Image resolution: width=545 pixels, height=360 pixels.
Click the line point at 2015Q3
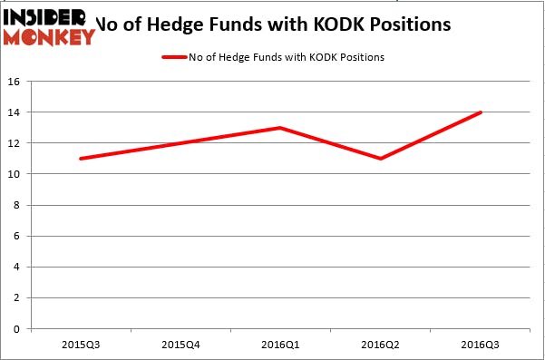(81, 159)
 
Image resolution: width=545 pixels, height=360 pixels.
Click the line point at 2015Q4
(180, 143)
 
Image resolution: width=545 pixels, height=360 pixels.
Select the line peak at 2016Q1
(281, 128)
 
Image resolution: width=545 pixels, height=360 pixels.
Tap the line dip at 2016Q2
(381, 159)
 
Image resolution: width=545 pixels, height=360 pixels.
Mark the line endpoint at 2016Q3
(481, 112)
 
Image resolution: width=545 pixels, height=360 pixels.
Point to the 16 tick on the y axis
(15, 82)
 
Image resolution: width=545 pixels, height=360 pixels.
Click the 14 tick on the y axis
(15, 112)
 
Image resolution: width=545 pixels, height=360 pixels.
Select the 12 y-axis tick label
(15, 143)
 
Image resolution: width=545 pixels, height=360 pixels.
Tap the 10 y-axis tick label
(15, 174)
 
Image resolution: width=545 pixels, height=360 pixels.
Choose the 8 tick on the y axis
(18, 205)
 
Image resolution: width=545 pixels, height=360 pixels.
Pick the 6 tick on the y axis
(18, 236)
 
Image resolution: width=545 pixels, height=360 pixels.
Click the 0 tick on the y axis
(18, 328)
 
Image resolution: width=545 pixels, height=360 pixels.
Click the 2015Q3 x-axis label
(81, 344)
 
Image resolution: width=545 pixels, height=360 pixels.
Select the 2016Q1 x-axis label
(281, 344)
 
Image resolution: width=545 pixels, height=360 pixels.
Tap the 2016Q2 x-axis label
(381, 344)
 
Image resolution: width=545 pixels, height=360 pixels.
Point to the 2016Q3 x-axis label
(481, 344)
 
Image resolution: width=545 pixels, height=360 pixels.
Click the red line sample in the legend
(174, 57)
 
